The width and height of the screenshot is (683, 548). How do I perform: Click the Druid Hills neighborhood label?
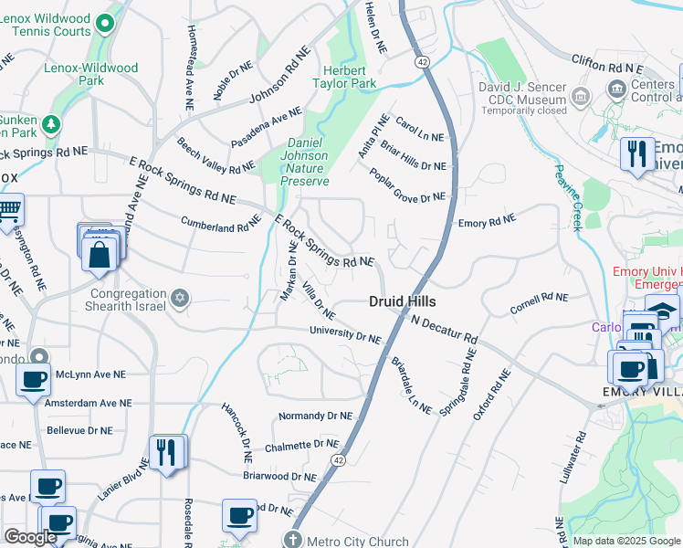coord(402,301)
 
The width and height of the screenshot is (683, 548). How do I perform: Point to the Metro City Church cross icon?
coord(292,541)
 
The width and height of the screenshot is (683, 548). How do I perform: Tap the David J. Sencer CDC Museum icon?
coord(579,95)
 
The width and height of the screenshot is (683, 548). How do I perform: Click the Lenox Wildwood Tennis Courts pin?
coord(106,23)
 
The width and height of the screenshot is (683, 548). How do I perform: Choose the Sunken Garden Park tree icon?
coord(53,122)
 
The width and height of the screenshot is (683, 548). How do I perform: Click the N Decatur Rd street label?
coord(444,330)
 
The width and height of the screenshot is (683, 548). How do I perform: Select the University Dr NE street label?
coord(344,334)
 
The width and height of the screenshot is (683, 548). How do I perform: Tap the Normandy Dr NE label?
coord(315,416)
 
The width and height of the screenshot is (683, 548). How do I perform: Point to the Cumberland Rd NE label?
coord(215,224)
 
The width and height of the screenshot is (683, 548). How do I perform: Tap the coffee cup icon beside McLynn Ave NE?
coord(34,379)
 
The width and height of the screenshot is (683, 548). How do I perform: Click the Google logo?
coord(30,537)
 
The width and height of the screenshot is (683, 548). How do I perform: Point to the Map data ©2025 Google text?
coord(625,541)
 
